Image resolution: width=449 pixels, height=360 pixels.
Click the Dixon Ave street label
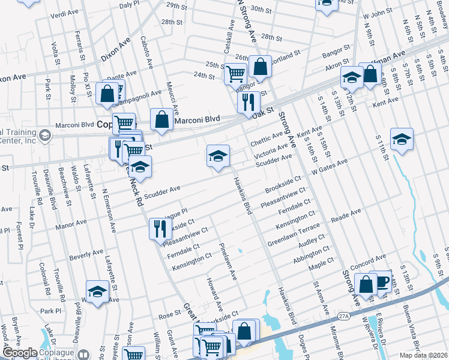coord(115,49)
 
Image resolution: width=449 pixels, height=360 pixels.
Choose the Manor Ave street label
coord(70,224)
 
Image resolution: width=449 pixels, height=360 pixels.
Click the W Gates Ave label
coord(330,166)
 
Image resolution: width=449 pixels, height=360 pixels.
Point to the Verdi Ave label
coord(64,13)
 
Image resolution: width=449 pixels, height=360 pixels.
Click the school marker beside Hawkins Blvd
coord(218,157)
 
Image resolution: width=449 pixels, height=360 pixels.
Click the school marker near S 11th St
coord(402,140)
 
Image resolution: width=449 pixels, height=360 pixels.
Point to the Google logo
coord(20,353)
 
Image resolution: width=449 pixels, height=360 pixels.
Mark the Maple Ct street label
coord(321,264)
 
